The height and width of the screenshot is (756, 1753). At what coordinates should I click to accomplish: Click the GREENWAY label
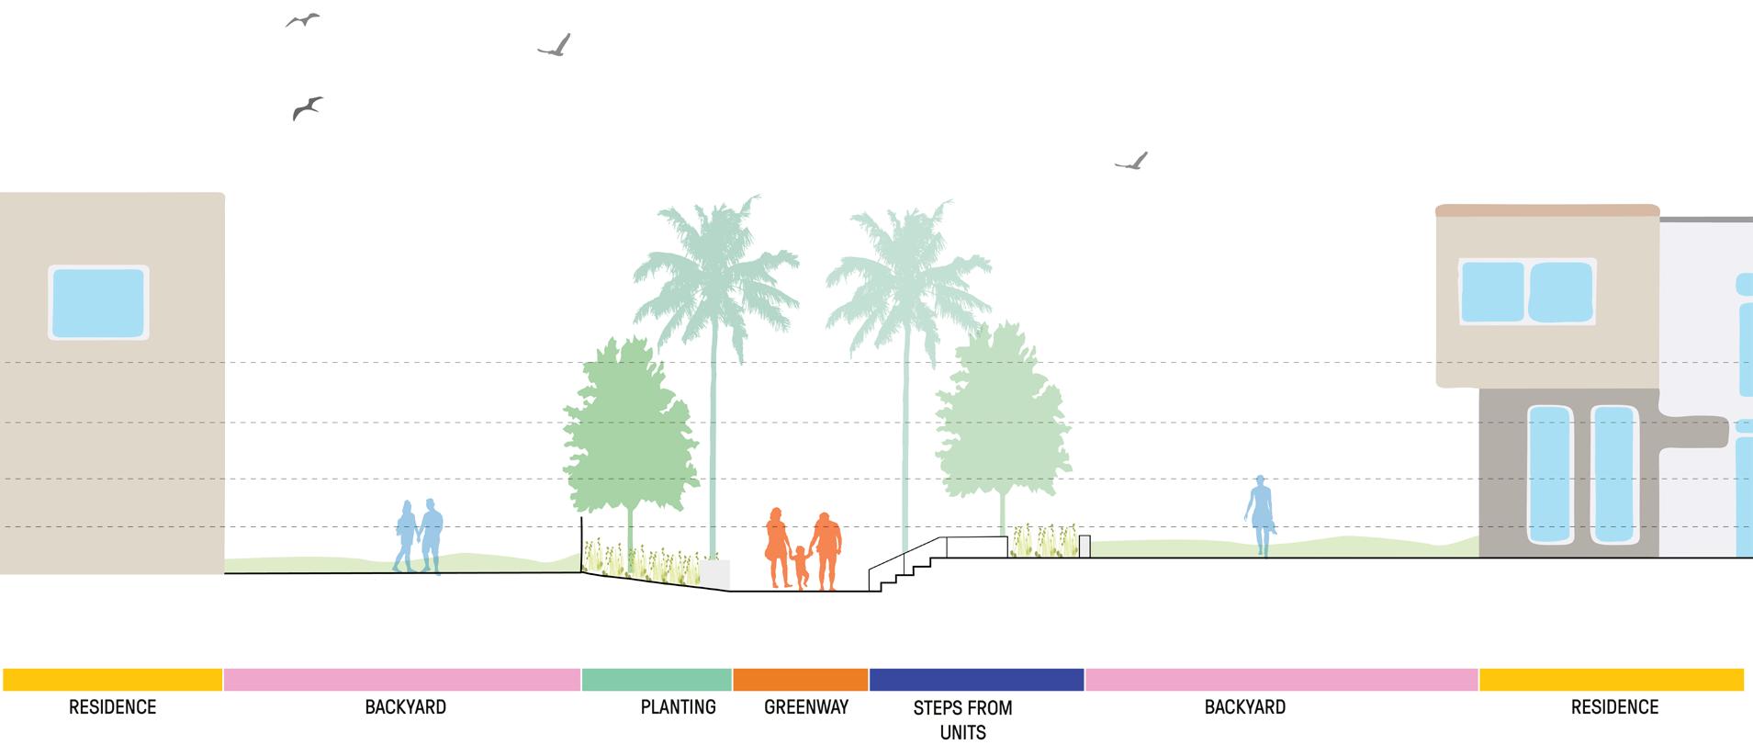pos(805,706)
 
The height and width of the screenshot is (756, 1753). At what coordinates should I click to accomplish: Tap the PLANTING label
pos(678,706)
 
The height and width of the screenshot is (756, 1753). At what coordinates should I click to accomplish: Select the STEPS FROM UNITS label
pos(962,719)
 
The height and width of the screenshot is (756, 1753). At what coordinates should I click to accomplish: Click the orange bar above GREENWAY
pos(800,680)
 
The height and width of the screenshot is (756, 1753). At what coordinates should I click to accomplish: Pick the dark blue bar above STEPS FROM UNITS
pos(976,680)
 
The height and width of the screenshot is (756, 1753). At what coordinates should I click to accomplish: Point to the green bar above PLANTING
pos(657,680)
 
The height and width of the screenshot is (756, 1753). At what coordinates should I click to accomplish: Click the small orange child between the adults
pos(800,568)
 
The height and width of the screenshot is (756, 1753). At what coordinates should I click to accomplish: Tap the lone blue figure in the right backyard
pos(1261,514)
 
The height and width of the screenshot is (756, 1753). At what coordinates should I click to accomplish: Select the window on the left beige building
pos(98,302)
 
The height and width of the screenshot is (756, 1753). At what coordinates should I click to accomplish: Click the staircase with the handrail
pos(905,565)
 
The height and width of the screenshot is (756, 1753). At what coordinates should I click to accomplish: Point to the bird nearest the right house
pos(1132,163)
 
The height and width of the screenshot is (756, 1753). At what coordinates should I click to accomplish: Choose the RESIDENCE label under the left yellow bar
pos(112,706)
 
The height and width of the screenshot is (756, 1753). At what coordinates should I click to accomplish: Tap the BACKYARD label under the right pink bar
pos(1244,706)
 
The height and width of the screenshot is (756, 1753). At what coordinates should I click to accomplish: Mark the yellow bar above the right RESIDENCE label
pos(1611,680)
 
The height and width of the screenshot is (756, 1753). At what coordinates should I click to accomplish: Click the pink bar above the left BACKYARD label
pos(402,680)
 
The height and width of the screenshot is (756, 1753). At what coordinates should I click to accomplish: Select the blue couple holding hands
pos(420,536)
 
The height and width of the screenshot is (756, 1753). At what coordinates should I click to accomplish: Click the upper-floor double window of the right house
pos(1526,291)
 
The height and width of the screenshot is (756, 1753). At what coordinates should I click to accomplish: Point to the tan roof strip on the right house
pos(1546,211)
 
